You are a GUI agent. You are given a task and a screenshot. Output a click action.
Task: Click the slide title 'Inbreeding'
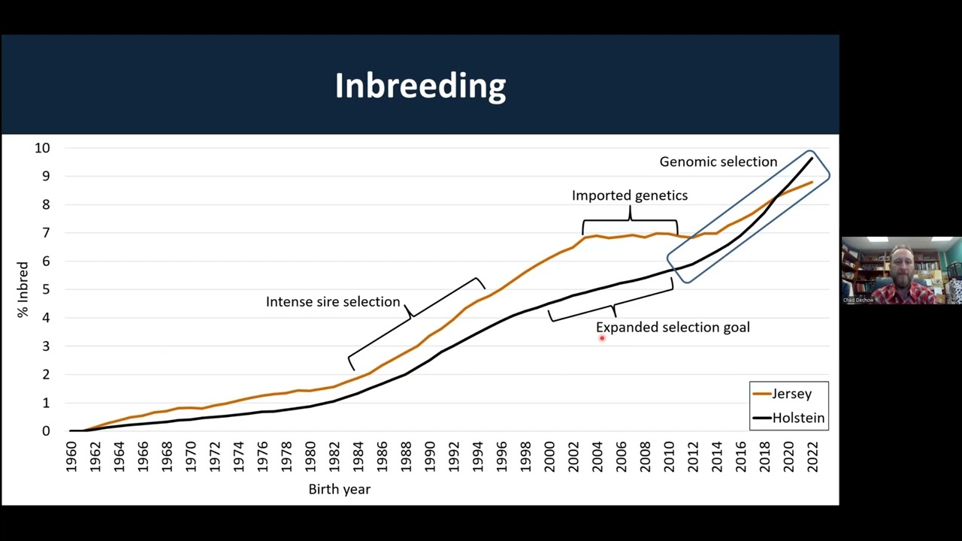[x=420, y=86]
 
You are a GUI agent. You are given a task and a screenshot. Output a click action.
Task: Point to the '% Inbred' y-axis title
[x=23, y=289]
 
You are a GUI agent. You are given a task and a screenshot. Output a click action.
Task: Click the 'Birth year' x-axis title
[x=339, y=489]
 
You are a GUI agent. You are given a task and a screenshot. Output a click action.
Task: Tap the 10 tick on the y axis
[x=41, y=148]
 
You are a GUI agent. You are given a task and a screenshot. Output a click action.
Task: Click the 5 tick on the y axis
[x=45, y=289]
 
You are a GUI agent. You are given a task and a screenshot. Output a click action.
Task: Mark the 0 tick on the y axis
[x=45, y=431]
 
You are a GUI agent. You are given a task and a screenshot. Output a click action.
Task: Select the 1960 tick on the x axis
[x=71, y=455]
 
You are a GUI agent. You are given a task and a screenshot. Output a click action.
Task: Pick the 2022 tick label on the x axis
[x=812, y=455]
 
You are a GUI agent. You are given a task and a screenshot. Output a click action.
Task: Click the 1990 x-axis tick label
[x=430, y=455]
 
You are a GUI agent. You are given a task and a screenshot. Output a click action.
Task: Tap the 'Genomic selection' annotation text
[x=718, y=162]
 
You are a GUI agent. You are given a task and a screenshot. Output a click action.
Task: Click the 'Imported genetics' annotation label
[x=629, y=195]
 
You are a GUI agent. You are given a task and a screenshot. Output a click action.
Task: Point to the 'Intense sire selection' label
[x=332, y=301]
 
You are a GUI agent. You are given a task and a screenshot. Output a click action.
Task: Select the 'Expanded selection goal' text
[x=673, y=327]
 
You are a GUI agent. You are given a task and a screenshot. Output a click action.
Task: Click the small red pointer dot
[x=602, y=338]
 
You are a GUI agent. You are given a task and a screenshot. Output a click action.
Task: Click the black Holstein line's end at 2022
[x=812, y=158]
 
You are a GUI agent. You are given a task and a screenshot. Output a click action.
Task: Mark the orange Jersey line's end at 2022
[x=812, y=182]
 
